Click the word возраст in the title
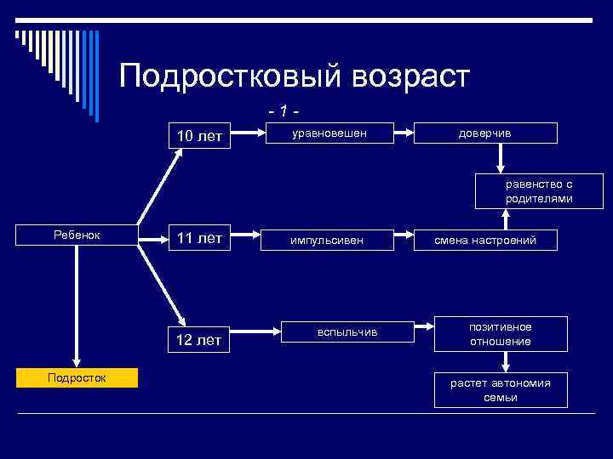click(403, 76)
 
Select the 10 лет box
click(199, 135)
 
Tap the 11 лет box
click(199, 239)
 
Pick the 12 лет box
click(199, 341)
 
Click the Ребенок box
click(77, 235)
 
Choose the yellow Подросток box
click(77, 378)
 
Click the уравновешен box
click(329, 133)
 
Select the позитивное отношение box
click(501, 334)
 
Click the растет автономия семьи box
click(501, 389)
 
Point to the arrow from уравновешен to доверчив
click(415, 133)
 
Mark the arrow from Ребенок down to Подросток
click(77, 306)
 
